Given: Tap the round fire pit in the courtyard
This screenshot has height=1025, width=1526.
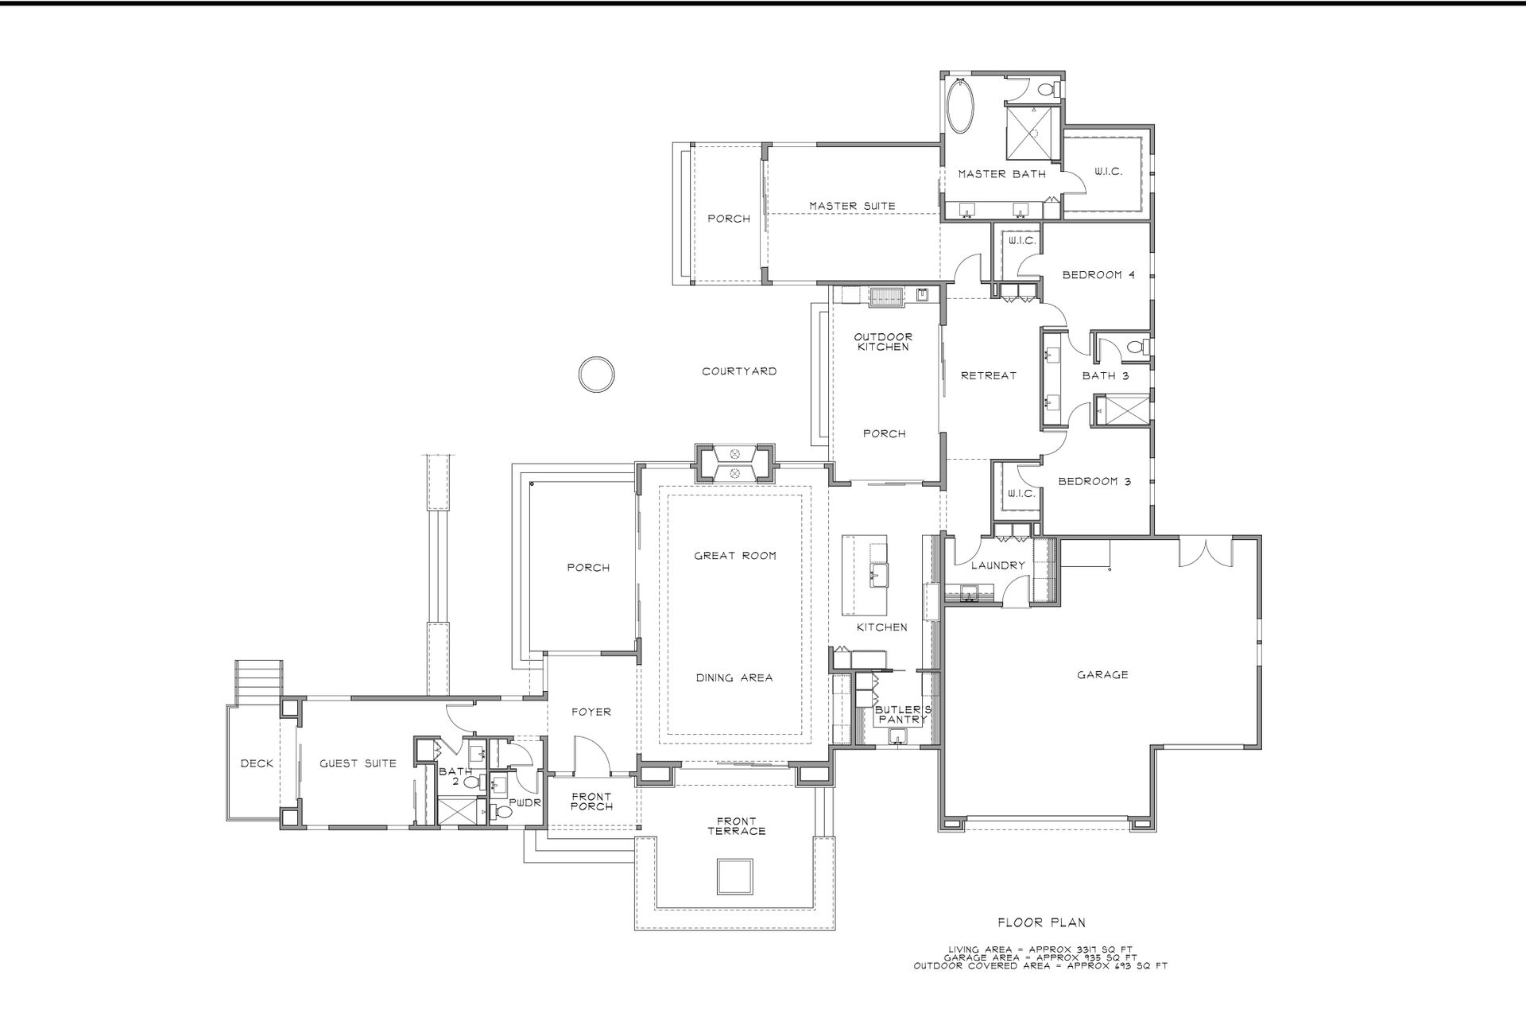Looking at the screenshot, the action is point(595,374).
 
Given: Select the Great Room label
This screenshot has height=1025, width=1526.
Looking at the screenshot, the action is point(735,556).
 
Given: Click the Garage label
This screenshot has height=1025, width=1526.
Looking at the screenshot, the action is point(1102,675).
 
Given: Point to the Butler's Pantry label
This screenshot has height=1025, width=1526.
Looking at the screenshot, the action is point(902,714).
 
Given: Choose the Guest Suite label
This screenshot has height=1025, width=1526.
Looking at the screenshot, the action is point(358,763).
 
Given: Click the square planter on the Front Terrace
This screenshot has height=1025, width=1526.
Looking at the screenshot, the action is point(734,876).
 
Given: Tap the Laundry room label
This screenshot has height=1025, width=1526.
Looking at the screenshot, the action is point(997,565).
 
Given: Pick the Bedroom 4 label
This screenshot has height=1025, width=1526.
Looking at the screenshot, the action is point(1099,275).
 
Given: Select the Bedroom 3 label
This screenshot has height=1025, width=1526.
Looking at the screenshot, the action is point(1094,482).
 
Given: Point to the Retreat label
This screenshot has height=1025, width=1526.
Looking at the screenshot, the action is point(989,375).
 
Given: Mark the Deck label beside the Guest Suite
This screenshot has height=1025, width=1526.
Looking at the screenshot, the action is point(257,763).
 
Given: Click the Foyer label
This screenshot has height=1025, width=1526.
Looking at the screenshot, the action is point(591,712).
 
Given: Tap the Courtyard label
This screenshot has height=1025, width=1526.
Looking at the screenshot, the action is point(739,371).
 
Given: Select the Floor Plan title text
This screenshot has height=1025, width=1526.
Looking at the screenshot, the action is point(1041,923).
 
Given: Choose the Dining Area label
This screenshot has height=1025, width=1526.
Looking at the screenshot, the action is point(734,678).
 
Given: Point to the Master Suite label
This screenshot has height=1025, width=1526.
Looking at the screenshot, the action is point(852,206).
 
